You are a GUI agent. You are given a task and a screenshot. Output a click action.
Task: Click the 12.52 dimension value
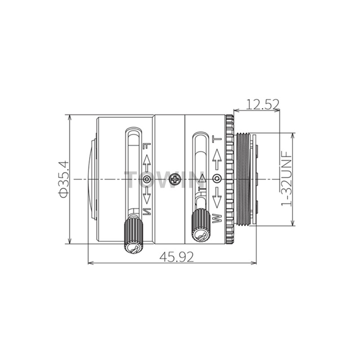tap(262, 104)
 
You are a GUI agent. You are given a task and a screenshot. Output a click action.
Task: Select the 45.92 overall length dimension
tap(177, 256)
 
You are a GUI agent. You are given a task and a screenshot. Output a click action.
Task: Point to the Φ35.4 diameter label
tap(63, 179)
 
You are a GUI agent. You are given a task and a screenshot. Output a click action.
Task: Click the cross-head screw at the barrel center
tap(175, 179)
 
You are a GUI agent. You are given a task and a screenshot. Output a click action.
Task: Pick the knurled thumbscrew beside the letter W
tap(201, 225)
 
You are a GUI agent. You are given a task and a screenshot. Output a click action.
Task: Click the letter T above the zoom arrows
tap(217, 139)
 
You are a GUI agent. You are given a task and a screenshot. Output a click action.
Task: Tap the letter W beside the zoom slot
tap(217, 218)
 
